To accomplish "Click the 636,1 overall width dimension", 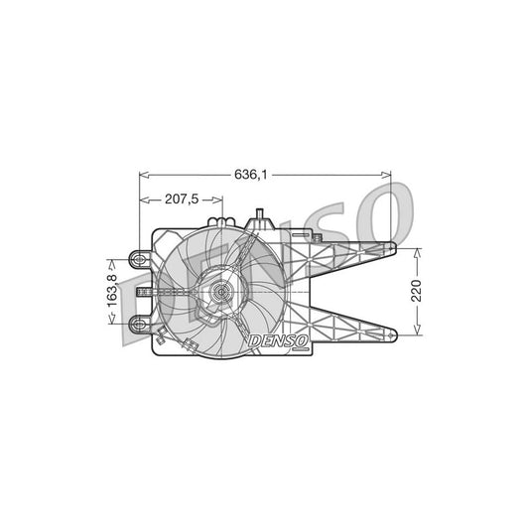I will point(249,174).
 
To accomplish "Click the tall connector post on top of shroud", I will point(260,218).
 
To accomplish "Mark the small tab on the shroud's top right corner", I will point(318,236).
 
